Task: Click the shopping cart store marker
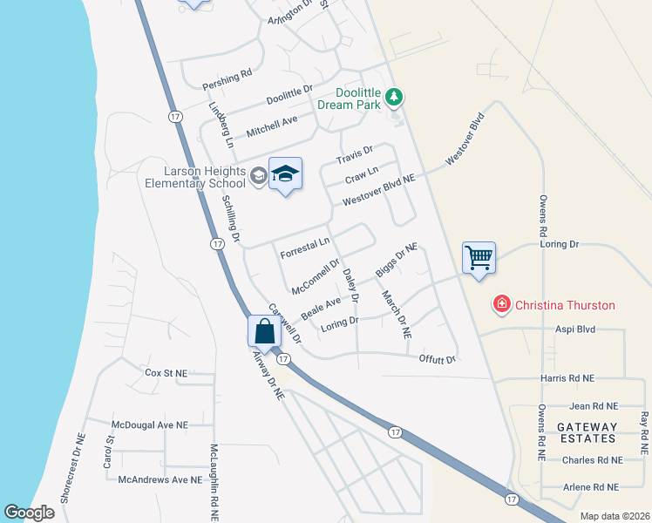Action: click(x=478, y=258)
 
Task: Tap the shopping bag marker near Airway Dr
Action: click(x=264, y=332)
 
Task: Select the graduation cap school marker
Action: click(x=284, y=174)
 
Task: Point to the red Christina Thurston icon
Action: click(x=501, y=304)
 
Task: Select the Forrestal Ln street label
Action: click(x=306, y=248)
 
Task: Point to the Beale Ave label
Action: click(x=321, y=306)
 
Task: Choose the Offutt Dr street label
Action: click(x=437, y=357)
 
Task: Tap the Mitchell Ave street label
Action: click(x=272, y=126)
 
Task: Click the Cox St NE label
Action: click(x=166, y=372)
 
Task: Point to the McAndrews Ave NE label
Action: click(x=160, y=479)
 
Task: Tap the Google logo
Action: click(x=30, y=513)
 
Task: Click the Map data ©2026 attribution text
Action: click(x=614, y=516)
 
